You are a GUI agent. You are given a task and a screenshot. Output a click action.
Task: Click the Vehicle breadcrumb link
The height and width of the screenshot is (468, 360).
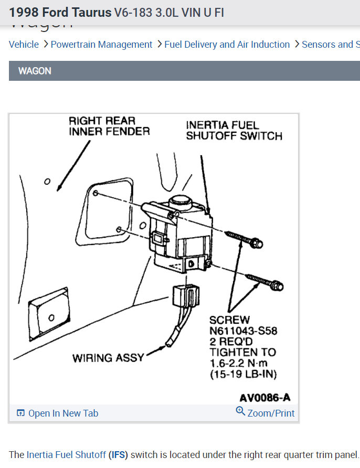pos(24,45)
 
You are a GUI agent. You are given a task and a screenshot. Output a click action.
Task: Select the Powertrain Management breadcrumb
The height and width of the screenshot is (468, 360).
pos(101,45)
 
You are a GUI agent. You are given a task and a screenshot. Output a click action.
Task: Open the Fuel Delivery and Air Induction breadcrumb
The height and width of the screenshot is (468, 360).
pos(227,45)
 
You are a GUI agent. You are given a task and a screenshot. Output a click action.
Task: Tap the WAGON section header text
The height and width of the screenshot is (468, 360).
pos(35,71)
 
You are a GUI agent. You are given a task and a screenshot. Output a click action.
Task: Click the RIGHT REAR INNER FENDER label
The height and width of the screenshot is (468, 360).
pos(109,126)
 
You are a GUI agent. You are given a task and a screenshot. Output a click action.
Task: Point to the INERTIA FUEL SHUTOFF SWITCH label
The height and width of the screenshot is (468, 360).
pos(234,131)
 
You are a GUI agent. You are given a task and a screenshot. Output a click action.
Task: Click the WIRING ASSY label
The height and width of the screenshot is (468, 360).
pos(108,358)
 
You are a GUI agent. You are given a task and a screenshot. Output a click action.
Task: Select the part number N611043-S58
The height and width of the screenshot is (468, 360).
pos(243,331)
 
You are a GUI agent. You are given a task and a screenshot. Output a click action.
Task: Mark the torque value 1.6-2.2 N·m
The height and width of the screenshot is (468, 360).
pos(242,363)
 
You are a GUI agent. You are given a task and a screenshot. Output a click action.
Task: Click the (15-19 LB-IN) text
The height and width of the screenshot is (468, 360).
pos(243,374)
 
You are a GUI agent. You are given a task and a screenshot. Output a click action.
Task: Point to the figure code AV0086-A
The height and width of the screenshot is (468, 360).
pos(265,397)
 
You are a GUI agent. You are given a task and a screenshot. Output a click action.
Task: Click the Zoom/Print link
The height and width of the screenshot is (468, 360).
pos(270,413)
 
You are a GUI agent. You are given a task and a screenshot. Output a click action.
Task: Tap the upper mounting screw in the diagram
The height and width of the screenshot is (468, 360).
pos(243,239)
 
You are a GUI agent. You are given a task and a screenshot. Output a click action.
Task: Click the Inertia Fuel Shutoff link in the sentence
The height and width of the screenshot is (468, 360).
pos(66,455)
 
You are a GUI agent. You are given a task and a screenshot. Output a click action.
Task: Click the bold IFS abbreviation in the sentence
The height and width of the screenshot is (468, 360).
pos(118,455)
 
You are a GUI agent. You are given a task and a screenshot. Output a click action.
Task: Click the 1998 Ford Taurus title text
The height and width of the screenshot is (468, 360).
pos(60,12)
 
